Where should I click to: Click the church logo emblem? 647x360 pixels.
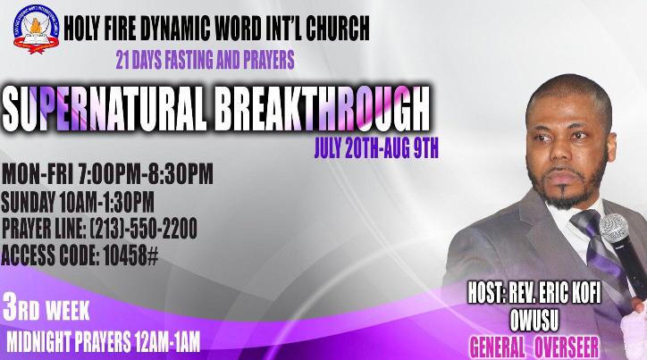point(36,29)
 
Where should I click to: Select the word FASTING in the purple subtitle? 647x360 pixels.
point(189,60)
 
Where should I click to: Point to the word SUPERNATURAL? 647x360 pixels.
point(104,110)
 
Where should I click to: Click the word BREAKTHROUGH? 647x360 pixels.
point(323,109)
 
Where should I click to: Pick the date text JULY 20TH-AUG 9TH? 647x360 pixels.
point(376,148)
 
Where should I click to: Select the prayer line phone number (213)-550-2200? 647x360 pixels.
point(143,229)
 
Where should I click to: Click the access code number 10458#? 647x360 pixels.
point(130,255)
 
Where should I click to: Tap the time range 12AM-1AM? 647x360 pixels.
point(167,342)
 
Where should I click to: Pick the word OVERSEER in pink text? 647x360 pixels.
point(567,347)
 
